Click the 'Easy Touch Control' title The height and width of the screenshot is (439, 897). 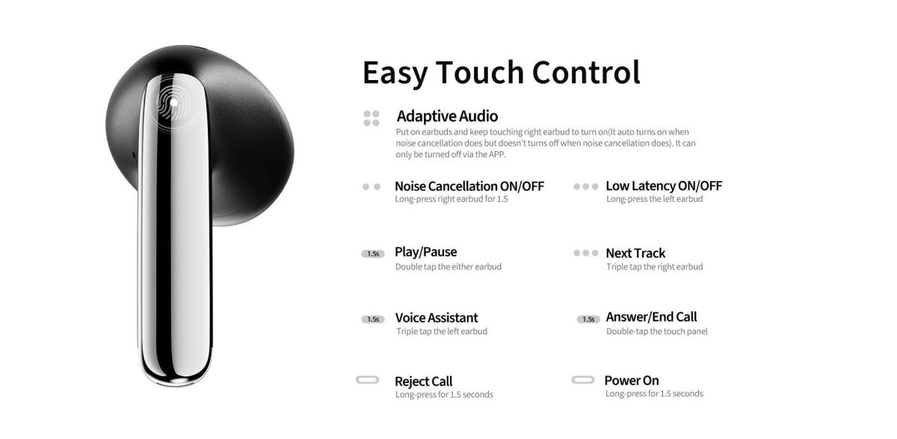501,73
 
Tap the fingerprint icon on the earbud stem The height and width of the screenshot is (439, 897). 172,104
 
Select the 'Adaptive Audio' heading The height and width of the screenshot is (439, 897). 447,116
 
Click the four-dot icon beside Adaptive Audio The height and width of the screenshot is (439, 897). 372,118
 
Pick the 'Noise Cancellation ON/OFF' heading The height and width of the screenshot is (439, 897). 469,186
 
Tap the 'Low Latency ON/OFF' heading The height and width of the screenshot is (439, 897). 664,186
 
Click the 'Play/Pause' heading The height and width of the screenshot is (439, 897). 425,252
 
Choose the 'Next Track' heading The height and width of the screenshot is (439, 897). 635,253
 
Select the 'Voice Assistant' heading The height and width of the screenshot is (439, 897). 437,318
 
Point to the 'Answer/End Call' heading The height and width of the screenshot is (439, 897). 652,317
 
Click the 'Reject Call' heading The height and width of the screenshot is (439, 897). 424,381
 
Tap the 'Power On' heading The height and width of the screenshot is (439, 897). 632,381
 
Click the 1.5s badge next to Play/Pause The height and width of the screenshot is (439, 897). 373,254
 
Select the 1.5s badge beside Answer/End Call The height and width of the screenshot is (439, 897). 588,319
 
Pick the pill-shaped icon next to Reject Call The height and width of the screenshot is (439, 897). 367,380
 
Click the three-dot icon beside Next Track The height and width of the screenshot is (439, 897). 586,253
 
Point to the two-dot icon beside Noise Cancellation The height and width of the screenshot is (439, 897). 372,187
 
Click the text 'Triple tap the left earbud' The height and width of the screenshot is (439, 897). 442,331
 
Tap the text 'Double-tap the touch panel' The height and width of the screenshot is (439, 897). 657,331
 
